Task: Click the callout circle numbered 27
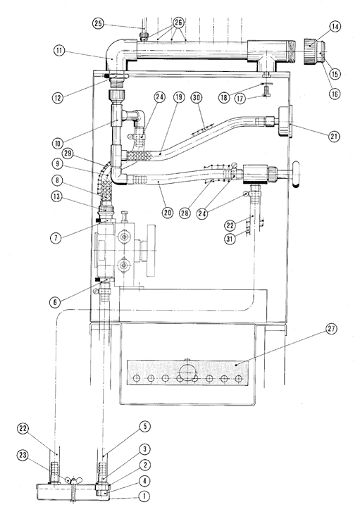point(331,329)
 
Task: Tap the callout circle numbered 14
point(335,27)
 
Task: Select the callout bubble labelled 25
point(99,23)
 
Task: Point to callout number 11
point(59,51)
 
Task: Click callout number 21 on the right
point(334,136)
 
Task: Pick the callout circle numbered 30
point(197,98)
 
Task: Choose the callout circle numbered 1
point(144,496)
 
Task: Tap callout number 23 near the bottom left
point(23,456)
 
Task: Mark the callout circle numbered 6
point(56,302)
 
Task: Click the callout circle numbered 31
point(230,239)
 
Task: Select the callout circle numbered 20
point(167,213)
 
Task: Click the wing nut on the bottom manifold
point(74,481)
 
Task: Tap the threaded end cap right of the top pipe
point(314,51)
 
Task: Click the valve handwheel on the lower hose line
point(295,175)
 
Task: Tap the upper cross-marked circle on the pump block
point(123,238)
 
